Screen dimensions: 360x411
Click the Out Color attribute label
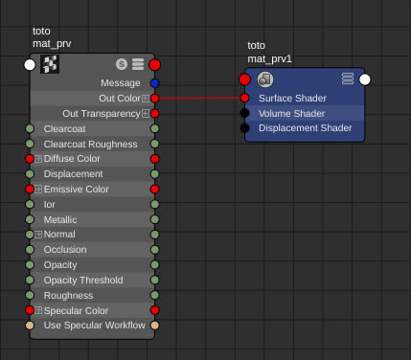119,98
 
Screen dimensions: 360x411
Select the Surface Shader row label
292,98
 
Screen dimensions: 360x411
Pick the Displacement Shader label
305,128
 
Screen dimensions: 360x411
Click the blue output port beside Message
155,83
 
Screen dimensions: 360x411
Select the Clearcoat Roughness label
90,144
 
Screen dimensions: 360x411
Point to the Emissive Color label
77,190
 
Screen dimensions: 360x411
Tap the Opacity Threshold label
83,281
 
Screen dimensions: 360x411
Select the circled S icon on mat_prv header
122,64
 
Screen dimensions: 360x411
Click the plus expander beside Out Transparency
146,114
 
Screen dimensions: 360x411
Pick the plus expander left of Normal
38,235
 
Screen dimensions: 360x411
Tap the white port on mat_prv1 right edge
365,79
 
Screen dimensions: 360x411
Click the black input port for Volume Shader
245,113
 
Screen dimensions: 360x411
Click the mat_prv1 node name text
270,59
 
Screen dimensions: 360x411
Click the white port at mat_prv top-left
30,64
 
